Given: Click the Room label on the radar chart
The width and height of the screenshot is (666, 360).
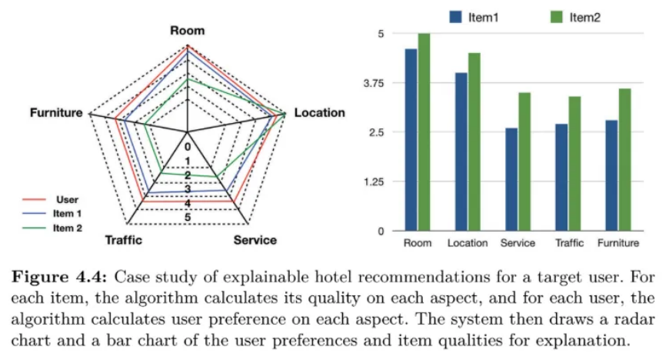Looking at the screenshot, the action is pos(188,30).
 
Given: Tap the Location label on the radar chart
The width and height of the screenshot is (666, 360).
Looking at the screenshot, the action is pos(320,113).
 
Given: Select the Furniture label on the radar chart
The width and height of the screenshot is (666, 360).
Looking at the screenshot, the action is pos(56,113).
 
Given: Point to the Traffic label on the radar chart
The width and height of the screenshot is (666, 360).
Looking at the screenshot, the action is pos(123,240).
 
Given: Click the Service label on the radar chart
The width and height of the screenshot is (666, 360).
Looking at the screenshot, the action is pos(255,240).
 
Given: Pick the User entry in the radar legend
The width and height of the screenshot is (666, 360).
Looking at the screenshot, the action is pos(68,199).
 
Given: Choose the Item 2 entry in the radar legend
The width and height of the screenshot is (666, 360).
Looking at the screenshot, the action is pos(68,228).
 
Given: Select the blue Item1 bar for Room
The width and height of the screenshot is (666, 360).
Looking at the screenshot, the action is pos(411,140).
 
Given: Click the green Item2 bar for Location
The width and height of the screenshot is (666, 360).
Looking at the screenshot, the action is pos(473,142).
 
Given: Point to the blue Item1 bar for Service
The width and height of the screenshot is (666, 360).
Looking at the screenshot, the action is pos(511,179).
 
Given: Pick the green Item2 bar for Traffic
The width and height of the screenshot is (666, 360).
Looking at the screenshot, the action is pos(574,164).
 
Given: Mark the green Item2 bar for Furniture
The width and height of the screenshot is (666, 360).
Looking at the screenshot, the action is pos(624,160).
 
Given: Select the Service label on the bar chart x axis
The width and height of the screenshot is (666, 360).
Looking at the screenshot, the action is pos(518,244).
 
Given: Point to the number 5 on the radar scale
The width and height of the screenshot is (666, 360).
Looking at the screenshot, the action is pos(188,218).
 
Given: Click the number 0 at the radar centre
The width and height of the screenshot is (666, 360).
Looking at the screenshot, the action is pos(188,146).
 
